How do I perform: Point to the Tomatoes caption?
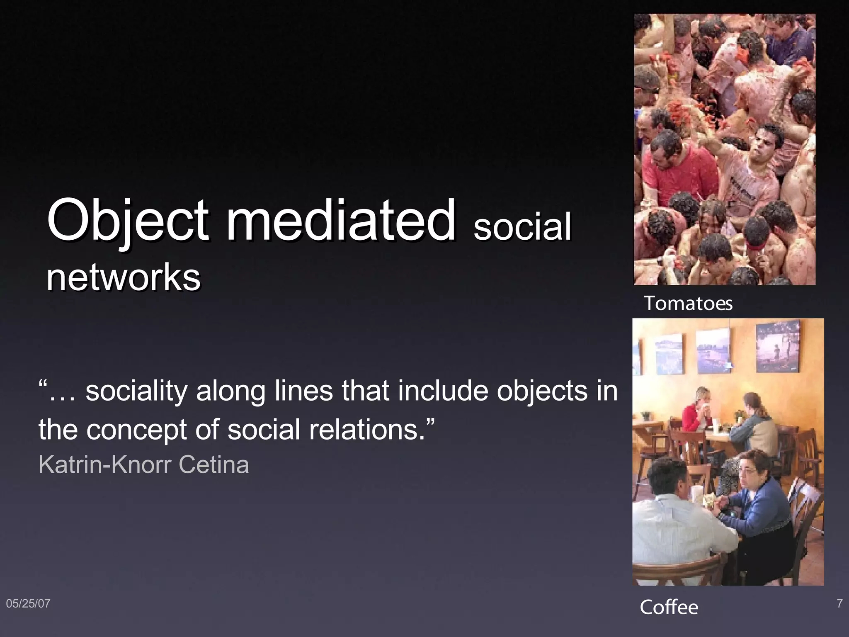click(x=688, y=303)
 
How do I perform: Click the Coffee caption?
click(x=669, y=607)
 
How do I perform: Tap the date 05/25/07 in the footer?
click(x=28, y=603)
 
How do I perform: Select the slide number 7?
click(x=839, y=603)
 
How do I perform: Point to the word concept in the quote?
click(x=137, y=430)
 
